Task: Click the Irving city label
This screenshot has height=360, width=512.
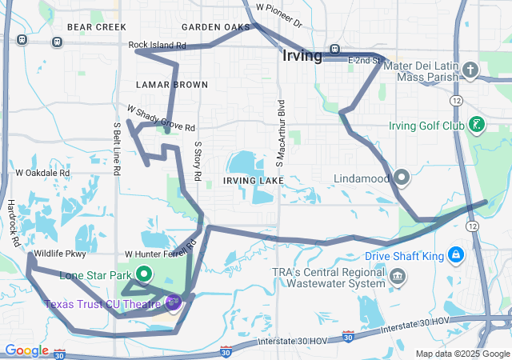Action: tap(302, 56)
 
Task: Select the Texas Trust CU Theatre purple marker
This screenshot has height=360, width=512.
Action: tap(174, 302)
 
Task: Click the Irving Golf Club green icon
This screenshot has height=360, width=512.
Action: tap(477, 124)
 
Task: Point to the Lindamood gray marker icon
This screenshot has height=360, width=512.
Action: tap(402, 177)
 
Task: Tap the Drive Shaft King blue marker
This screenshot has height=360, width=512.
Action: tap(455, 255)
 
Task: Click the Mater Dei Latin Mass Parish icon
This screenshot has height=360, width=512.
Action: tap(471, 70)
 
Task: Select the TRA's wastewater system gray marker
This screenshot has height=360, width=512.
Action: tap(398, 278)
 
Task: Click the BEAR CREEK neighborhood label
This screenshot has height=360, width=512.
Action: tap(97, 27)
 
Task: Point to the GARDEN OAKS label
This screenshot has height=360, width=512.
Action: tap(216, 27)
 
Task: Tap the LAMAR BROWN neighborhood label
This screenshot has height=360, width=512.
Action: tap(172, 84)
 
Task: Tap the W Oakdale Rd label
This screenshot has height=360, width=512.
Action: tap(42, 172)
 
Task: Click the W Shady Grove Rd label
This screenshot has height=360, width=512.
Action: tap(160, 118)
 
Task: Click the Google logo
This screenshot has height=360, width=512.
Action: tap(26, 350)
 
